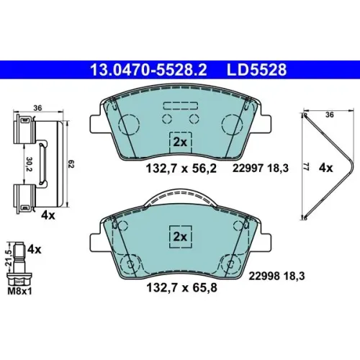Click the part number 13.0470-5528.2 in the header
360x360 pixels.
(x=148, y=70)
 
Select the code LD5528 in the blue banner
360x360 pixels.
(x=256, y=70)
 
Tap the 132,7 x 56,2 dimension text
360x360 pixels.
(x=181, y=168)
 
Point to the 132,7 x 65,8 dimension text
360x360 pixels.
(x=181, y=287)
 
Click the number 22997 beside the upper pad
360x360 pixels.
(x=248, y=168)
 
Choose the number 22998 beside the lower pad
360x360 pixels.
(x=264, y=276)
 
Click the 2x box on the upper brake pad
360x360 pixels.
(x=181, y=143)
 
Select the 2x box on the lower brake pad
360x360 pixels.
(x=181, y=237)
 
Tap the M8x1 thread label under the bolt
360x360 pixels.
(x=19, y=292)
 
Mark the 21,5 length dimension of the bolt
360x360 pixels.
(x=9, y=258)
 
